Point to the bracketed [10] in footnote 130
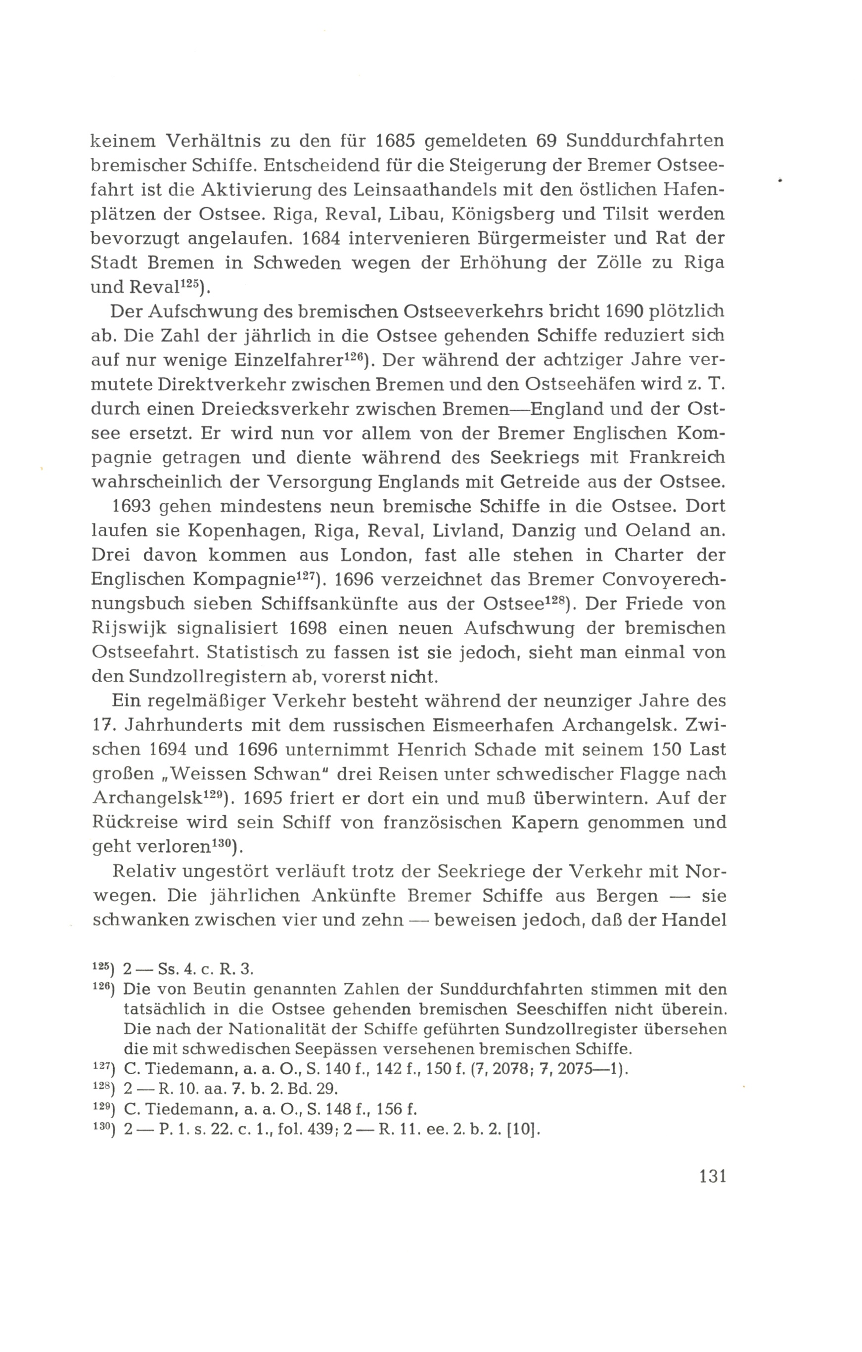pyautogui.click(x=522, y=1129)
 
